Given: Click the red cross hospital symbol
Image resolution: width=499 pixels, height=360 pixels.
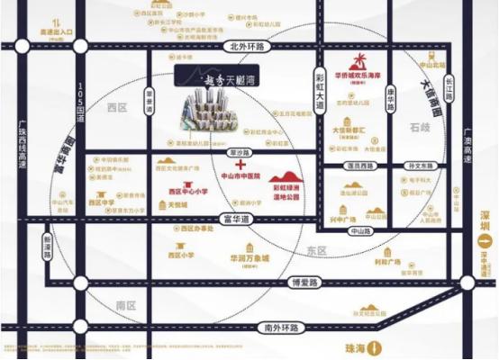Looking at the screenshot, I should click(x=240, y=166).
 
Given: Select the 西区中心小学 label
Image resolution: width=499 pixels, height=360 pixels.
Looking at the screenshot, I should click(x=187, y=191).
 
